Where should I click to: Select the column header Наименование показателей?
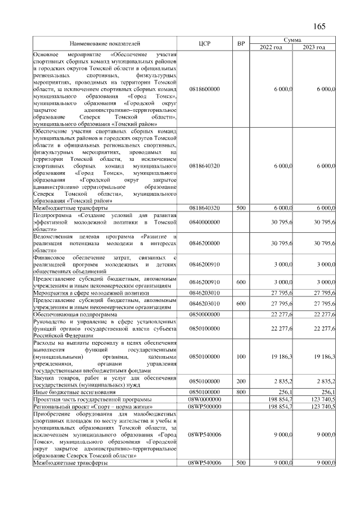click(105, 43)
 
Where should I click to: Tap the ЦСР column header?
click(205, 43)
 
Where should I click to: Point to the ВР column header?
click(241, 43)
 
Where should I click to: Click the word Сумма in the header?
click(292, 40)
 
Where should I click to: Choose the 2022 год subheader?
click(271, 47)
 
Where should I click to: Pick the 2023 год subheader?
click(314, 47)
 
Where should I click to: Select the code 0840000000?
click(205, 222)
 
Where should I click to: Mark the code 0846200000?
click(205, 243)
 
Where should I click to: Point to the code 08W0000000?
click(205, 399)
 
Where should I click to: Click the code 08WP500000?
click(205, 406)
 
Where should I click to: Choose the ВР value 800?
click(241, 391)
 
